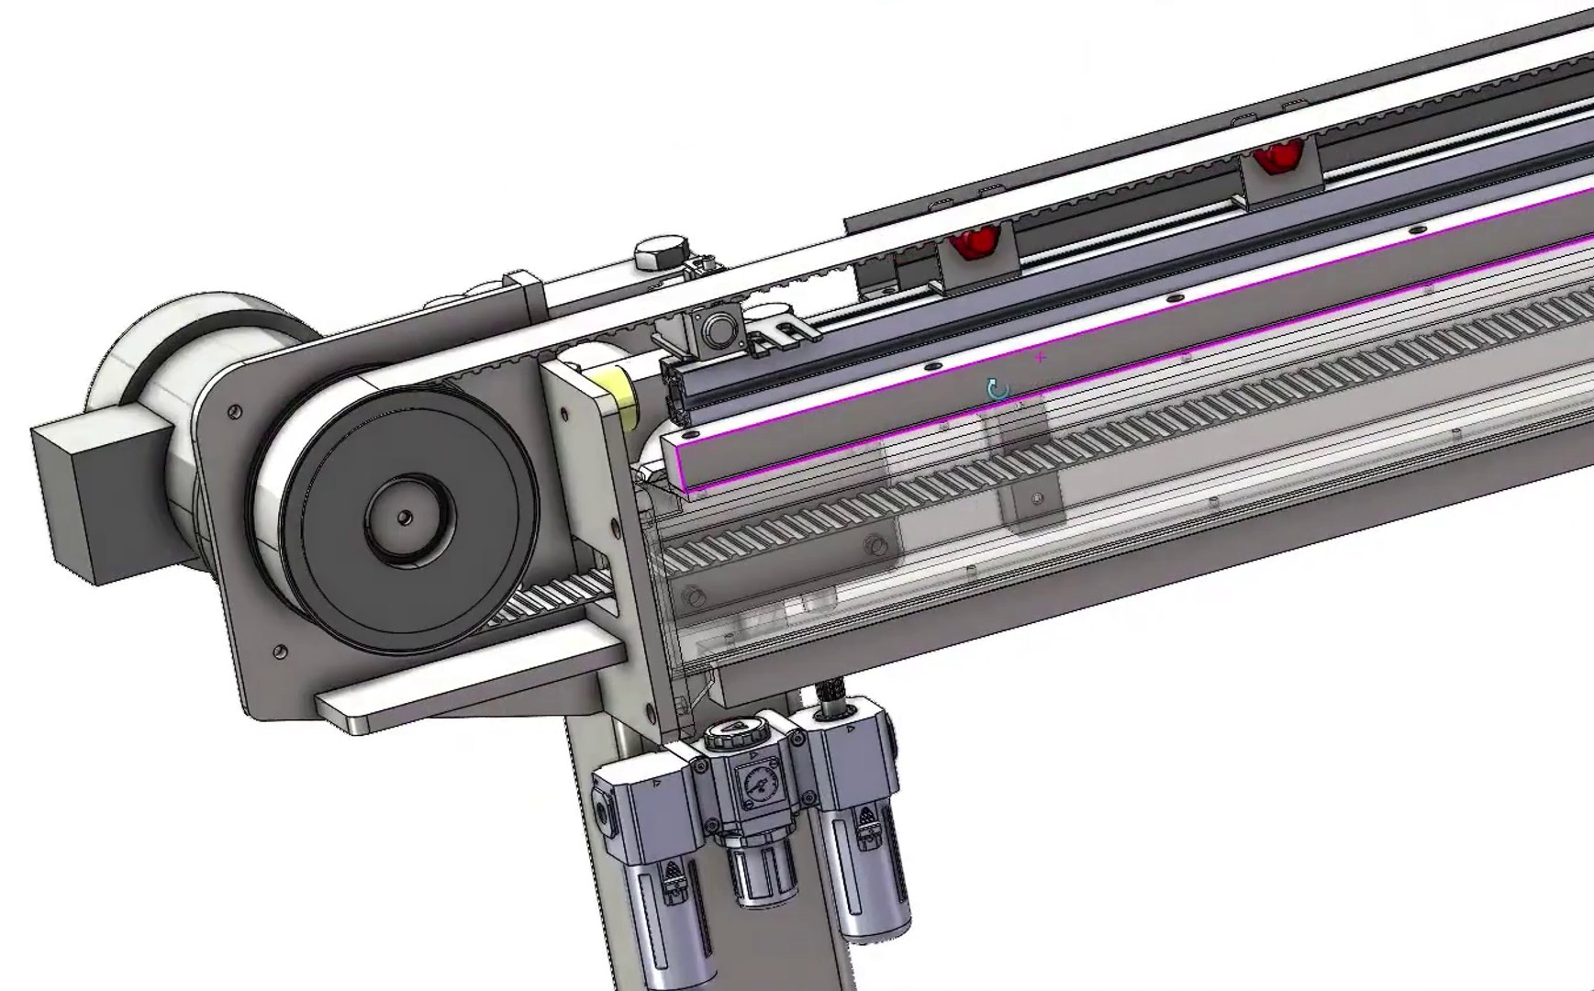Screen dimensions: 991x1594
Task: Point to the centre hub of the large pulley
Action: pos(404,518)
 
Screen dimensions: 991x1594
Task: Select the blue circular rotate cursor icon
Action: pos(998,388)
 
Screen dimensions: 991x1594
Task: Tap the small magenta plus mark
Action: pos(1040,357)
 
